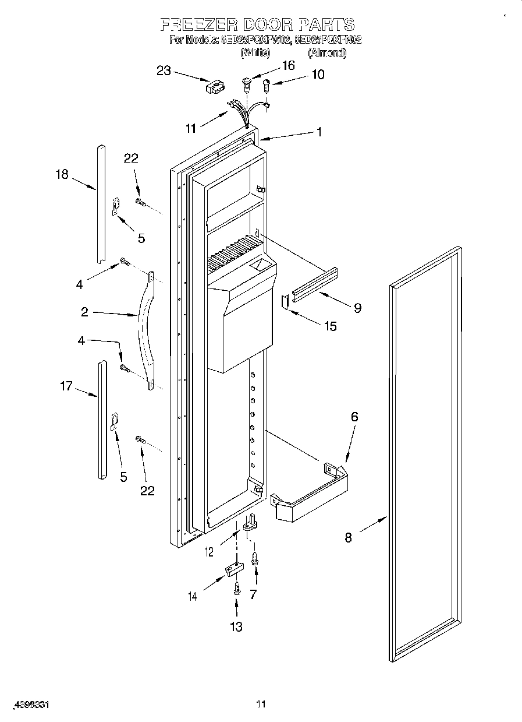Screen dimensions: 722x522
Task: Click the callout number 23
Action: pos(164,71)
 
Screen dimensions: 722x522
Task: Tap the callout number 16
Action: pos(288,65)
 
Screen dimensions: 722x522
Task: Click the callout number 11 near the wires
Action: pos(190,129)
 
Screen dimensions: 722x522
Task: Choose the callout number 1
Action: pos(319,132)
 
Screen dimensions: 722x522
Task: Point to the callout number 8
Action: pos(348,538)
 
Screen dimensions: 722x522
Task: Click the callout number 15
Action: pos(330,326)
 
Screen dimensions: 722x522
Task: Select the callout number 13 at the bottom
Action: pos(236,626)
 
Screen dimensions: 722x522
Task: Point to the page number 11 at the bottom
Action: pos(261,705)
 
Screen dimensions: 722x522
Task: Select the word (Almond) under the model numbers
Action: pos(327,53)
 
